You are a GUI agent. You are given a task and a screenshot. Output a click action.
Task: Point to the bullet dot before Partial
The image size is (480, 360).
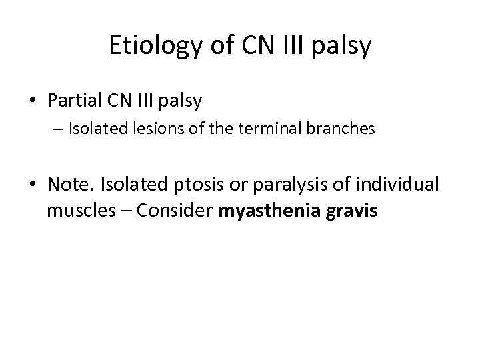pyautogui.click(x=33, y=101)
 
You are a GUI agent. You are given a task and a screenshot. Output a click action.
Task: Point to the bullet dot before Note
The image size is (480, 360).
pyautogui.click(x=33, y=184)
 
